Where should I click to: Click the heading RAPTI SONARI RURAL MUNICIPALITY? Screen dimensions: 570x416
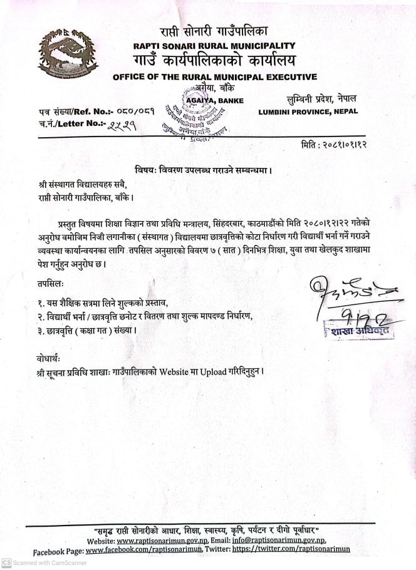coord(214,46)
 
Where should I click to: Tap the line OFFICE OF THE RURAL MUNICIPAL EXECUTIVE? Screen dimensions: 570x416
coord(215,77)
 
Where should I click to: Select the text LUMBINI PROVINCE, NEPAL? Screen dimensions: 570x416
coord(308,112)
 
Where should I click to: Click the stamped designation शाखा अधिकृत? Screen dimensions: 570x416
coord(360,331)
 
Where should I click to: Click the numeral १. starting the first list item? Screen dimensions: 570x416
coord(41,303)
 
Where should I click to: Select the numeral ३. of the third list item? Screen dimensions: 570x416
coord(41,329)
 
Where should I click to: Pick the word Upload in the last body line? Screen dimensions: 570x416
coord(216,370)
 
